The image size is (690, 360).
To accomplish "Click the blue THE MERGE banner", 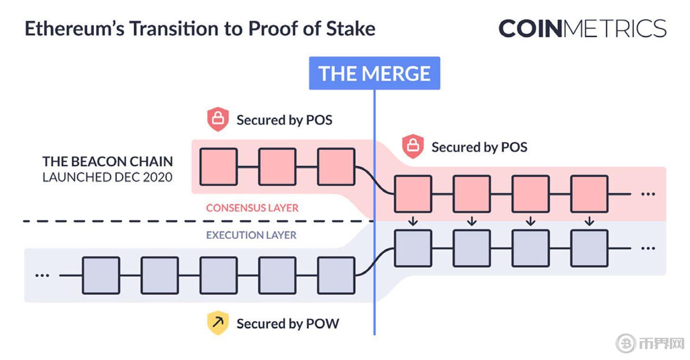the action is (x=374, y=73).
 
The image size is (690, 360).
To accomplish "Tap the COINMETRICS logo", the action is (x=582, y=28).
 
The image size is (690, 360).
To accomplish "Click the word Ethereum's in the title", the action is (x=74, y=28).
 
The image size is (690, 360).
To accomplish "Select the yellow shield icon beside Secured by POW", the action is (x=218, y=323).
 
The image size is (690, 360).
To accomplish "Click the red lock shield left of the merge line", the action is (x=218, y=119).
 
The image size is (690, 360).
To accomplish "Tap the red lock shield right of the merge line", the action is (x=413, y=146).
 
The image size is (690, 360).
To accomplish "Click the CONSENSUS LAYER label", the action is (x=252, y=208).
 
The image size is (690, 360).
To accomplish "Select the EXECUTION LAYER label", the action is (x=251, y=235).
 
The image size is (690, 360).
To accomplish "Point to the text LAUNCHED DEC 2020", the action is (x=108, y=177).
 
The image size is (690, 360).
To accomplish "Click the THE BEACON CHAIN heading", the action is (x=108, y=162).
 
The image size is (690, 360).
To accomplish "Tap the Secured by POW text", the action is (x=288, y=324).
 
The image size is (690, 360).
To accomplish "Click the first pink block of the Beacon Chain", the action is (x=218, y=167).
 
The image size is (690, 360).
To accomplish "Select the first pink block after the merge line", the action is (x=413, y=194).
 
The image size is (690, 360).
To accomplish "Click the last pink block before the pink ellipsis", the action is (x=589, y=194).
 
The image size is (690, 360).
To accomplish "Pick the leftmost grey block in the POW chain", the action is (x=101, y=275).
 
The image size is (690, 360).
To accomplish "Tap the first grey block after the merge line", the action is (x=413, y=248).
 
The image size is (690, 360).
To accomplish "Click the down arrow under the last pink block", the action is (x=589, y=221).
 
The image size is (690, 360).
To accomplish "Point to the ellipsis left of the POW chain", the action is (x=42, y=275).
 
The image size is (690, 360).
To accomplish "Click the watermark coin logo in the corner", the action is (x=626, y=343).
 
